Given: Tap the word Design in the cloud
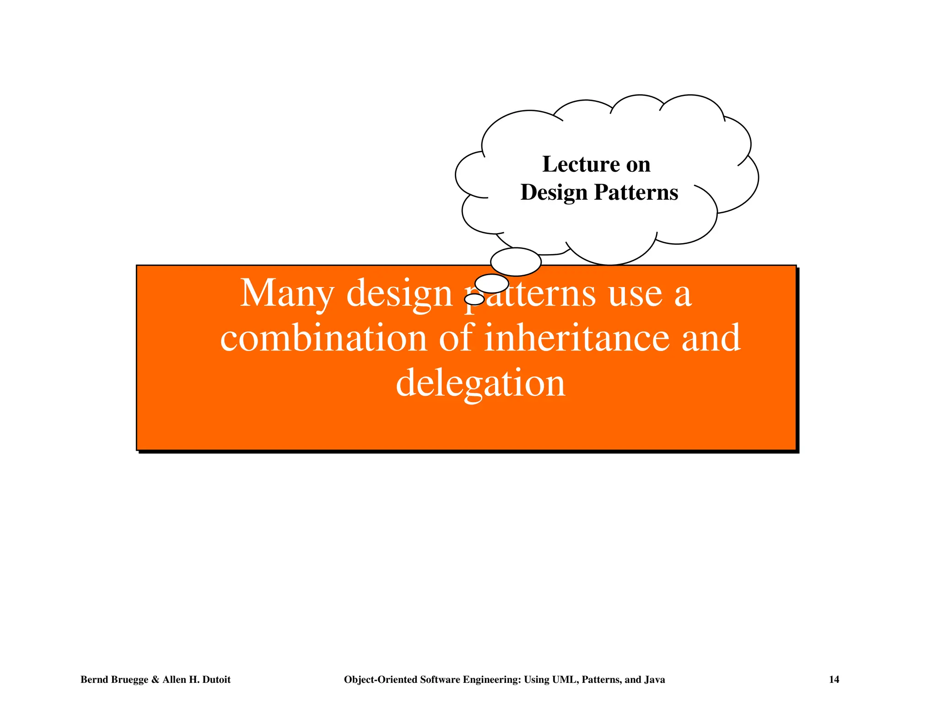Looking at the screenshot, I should click(554, 192).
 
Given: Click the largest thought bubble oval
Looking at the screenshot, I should click(516, 262).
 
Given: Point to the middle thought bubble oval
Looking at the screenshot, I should click(492, 283).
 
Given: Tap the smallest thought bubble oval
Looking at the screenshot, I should click(474, 299).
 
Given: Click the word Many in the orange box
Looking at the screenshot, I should click(286, 293).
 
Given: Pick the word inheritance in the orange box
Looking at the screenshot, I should click(576, 338).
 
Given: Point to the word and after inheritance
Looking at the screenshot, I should click(711, 338).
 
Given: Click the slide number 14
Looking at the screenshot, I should click(834, 680).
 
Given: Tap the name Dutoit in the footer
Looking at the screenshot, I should click(215, 680).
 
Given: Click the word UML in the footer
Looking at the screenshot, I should click(565, 680).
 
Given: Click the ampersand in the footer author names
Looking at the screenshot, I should click(155, 680).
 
